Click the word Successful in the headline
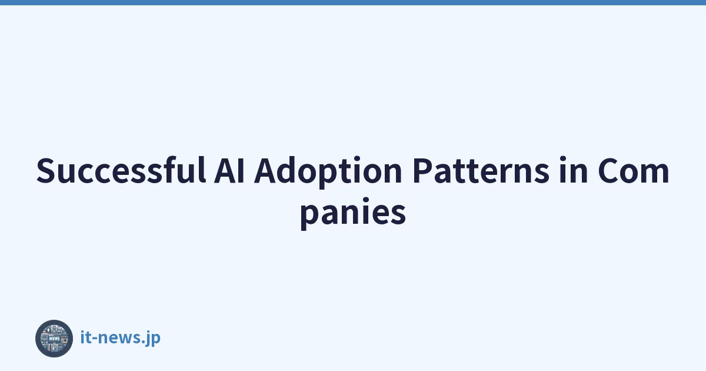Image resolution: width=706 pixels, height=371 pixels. pos(121,170)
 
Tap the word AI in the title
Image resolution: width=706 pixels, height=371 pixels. pos(229,171)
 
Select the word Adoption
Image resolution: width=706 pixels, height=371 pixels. pos(328,172)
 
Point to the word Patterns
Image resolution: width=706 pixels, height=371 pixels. pos(481,171)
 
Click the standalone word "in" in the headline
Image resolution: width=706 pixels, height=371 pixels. pos(573,170)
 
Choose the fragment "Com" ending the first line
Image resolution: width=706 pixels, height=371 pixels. pos(634,171)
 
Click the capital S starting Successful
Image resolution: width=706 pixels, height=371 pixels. pos(46,171)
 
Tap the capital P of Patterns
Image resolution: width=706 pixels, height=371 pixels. pos(423,170)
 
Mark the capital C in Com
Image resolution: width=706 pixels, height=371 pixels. pos(608,170)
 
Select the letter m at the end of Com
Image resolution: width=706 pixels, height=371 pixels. pos(655,174)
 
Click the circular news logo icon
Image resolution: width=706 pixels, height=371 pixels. pos(54,339)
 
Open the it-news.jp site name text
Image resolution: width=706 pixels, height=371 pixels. pos(121,338)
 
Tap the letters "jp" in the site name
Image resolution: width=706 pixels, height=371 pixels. pos(152,339)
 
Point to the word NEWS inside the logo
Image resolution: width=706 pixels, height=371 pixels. pos(54,339)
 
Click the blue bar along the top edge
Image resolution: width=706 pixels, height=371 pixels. pos(353,2)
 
